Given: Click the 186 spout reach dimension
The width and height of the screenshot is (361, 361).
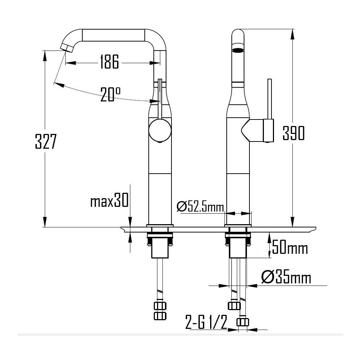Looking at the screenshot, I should click(x=109, y=62).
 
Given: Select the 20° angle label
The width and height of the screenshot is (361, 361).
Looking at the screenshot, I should click(x=110, y=94).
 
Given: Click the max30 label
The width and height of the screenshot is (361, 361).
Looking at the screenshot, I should click(x=109, y=201).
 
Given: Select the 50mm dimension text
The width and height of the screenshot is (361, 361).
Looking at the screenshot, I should click(x=290, y=248).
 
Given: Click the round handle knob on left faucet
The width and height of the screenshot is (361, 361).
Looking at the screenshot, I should click(x=159, y=131).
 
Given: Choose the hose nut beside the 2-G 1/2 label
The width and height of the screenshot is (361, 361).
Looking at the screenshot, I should click(x=243, y=322).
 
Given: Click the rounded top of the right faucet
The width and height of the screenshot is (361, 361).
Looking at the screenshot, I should click(x=238, y=33).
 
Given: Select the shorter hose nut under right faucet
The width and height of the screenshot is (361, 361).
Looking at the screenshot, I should click(x=234, y=306).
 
